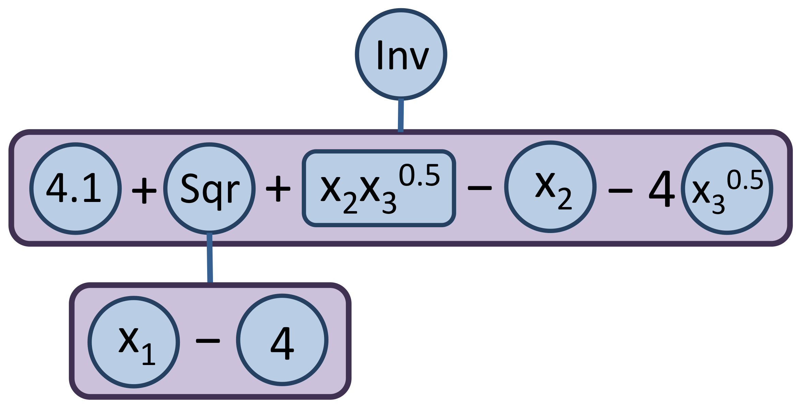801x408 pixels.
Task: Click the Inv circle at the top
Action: pyautogui.click(x=401, y=55)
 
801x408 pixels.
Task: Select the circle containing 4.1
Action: pyautogui.click(x=75, y=189)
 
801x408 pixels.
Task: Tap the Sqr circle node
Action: pyautogui.click(x=209, y=189)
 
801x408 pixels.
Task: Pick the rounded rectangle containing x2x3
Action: pyautogui.click(x=379, y=188)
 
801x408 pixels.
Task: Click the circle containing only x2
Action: pyautogui.click(x=550, y=187)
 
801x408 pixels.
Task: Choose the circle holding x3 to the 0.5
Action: pyautogui.click(x=727, y=189)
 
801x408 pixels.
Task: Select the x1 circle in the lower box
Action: pyautogui.click(x=134, y=342)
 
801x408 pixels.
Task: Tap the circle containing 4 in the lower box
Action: pyautogui.click(x=282, y=340)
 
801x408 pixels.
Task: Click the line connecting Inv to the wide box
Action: pyautogui.click(x=401, y=115)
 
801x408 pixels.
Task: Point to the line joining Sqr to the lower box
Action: pyautogui.click(x=210, y=258)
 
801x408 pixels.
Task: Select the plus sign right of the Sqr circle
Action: pyautogui.click(x=278, y=189)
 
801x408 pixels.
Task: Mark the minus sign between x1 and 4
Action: pyautogui.click(x=208, y=340)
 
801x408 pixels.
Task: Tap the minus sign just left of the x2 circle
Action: pyautogui.click(x=480, y=188)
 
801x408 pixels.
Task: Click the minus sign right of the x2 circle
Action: pyautogui.click(x=620, y=191)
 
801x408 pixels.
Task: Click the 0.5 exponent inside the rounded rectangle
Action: pyautogui.click(x=419, y=176)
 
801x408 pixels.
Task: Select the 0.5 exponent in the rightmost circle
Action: pyautogui.click(x=745, y=180)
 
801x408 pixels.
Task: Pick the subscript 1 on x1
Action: pyautogui.click(x=149, y=355)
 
